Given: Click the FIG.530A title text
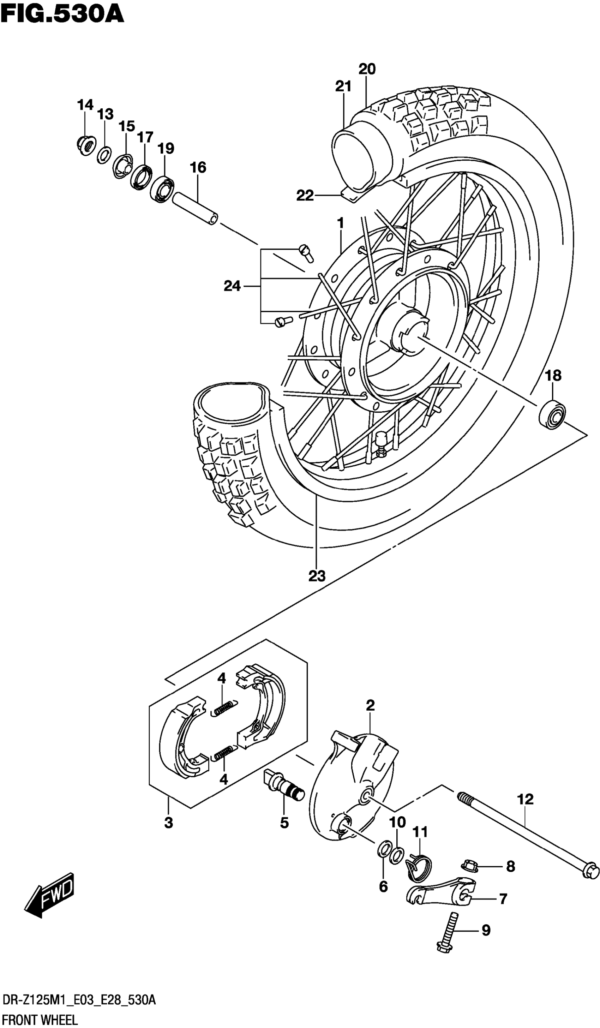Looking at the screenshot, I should click(62, 15).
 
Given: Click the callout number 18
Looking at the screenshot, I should click(553, 375).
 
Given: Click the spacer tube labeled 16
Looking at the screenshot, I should click(195, 208).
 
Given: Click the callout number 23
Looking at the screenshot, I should click(317, 576).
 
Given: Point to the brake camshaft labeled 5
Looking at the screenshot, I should click(284, 784).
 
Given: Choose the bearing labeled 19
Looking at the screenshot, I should click(162, 189).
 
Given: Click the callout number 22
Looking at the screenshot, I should click(305, 196).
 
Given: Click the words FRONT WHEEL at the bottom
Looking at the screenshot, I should click(39, 1020).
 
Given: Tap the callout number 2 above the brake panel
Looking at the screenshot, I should click(370, 705).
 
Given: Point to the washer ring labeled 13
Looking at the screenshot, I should click(104, 155).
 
